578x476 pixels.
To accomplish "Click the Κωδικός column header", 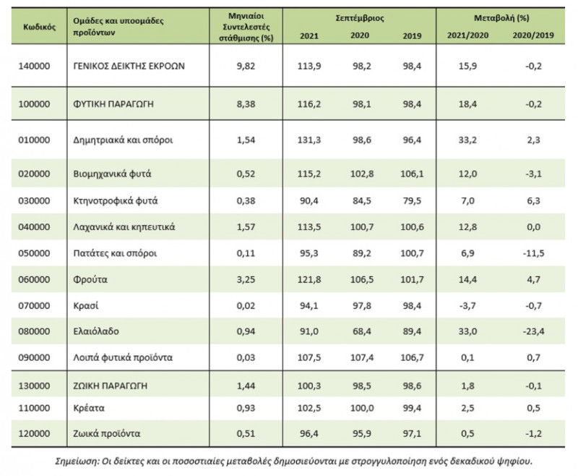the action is point(39,27).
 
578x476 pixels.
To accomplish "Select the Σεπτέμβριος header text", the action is point(359,18).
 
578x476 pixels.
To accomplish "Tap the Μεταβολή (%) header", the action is point(501,17).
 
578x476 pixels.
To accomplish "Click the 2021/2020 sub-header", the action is point(467,35).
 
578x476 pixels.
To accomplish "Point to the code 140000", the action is point(34,66).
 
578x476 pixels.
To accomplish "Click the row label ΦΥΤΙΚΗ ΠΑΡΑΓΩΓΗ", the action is point(113,104).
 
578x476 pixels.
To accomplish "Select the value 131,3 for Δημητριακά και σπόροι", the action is point(309,140).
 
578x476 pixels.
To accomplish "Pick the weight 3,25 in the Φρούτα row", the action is point(246,280).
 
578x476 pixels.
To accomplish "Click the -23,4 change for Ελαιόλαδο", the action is point(533,331).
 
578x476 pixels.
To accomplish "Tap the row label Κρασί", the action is point(85,306).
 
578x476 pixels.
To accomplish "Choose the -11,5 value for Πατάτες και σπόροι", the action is point(533,253).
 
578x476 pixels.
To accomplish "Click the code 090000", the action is point(34,357).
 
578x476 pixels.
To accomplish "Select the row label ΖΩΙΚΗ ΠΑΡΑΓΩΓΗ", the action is point(111,386).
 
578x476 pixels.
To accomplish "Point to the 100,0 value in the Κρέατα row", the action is point(362,408).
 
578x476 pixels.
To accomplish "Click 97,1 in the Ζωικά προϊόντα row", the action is point(412,433).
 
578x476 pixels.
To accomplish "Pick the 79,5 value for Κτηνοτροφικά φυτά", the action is point(412,201).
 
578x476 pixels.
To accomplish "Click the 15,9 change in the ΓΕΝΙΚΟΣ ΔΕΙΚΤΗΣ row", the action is point(467,66).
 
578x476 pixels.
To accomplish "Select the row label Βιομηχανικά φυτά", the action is point(112,174).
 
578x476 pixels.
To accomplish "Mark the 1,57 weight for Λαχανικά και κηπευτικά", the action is point(246,227).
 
